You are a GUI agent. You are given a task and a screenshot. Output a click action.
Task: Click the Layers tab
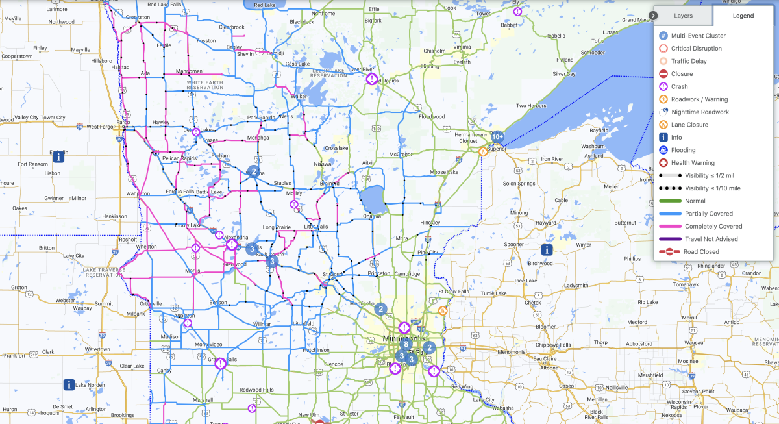pos(683,15)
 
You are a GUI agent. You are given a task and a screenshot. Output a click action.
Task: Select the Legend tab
pos(743,15)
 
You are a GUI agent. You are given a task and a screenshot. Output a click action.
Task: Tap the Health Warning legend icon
pos(663,163)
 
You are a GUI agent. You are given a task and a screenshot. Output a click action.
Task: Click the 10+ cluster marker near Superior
pos(497,136)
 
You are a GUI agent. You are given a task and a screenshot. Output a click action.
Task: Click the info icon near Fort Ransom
pos(59,156)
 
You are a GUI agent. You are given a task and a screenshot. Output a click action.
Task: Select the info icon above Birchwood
pos(547,249)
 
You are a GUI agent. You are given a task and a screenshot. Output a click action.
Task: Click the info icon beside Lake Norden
pos(69,385)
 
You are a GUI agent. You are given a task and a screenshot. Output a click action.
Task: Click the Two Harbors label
pos(530,106)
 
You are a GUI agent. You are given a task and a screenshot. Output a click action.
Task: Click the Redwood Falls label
pos(258,389)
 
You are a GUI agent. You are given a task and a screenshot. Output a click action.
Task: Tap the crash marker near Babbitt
pos(517,11)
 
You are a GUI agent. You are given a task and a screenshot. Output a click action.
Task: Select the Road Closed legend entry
pos(700,252)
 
